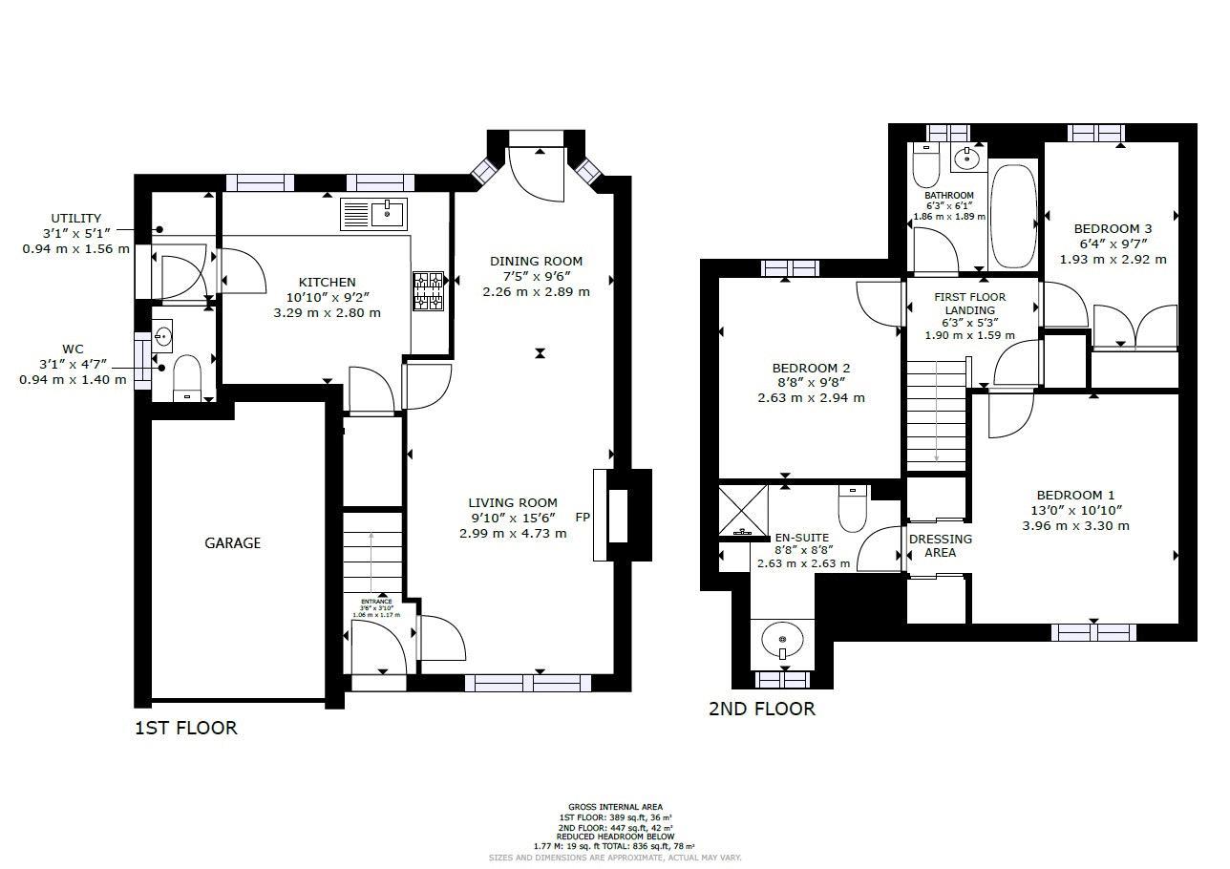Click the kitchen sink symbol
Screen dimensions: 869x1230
click(373, 215)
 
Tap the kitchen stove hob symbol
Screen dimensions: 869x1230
click(428, 291)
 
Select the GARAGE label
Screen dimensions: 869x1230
click(232, 543)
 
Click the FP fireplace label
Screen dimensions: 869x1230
click(582, 518)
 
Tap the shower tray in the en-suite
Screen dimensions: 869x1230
click(743, 511)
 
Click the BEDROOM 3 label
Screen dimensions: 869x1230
click(1113, 229)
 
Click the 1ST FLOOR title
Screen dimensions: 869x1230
click(185, 728)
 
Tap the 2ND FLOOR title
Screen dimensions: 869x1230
click(761, 709)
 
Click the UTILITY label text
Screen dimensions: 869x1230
click(75, 219)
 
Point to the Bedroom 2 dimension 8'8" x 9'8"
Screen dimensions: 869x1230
click(811, 382)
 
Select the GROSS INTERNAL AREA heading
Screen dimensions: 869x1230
click(615, 807)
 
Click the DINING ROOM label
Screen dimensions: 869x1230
click(536, 262)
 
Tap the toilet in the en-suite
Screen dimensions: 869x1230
click(851, 508)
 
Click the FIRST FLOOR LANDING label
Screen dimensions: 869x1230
click(969, 304)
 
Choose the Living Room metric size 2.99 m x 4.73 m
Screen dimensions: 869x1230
click(513, 533)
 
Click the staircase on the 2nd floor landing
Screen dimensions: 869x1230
click(937, 415)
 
